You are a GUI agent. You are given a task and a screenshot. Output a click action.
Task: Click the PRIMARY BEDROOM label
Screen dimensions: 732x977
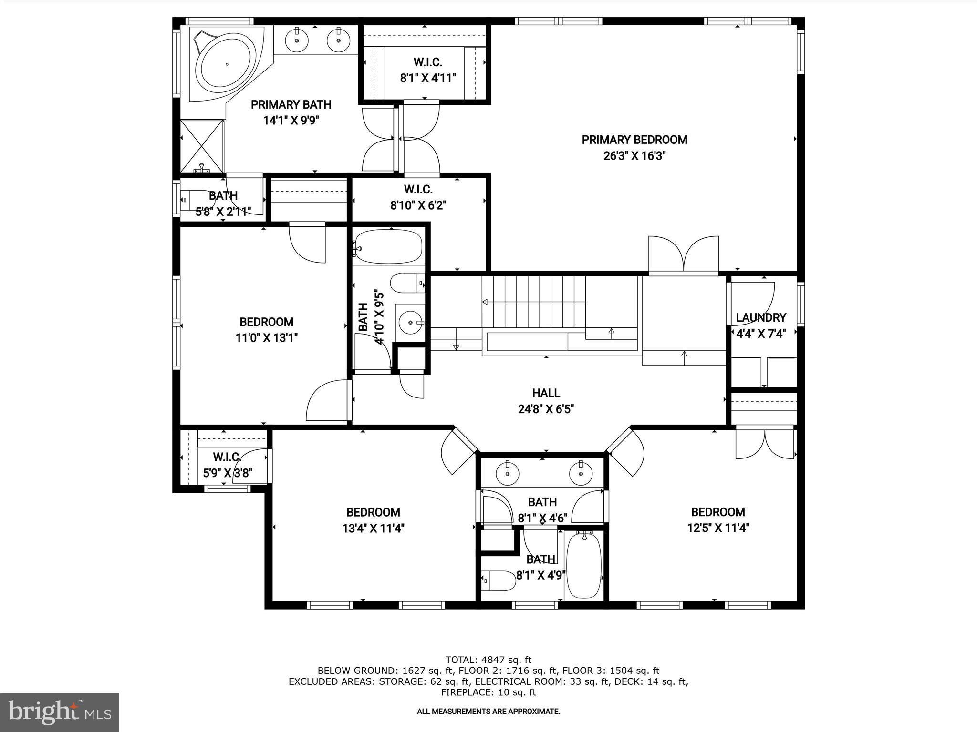click(x=634, y=140)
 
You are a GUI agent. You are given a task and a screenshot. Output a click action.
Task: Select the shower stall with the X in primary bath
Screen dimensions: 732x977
click(x=202, y=145)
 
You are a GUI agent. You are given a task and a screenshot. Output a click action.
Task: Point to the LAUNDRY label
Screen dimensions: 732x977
click(x=761, y=318)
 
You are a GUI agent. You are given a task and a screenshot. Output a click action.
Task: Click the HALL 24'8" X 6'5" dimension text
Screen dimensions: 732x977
click(x=546, y=409)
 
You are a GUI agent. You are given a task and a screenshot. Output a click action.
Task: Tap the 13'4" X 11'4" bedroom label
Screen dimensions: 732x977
click(x=373, y=528)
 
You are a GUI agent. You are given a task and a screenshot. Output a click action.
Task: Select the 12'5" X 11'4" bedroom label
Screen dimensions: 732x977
click(x=718, y=528)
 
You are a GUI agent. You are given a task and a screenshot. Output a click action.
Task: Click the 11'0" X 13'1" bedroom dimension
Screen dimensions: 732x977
click(x=267, y=338)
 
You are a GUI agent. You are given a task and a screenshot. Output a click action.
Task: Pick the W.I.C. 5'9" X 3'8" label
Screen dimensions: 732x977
click(x=227, y=465)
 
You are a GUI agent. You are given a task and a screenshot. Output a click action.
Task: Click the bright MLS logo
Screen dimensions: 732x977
click(x=60, y=712)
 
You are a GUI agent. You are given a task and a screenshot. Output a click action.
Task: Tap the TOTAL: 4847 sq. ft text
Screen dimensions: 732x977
click(x=488, y=660)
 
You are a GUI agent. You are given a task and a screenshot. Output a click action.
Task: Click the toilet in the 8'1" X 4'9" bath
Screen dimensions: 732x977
click(x=499, y=581)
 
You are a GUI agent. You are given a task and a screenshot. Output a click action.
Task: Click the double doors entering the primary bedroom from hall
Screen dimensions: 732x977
click(x=684, y=255)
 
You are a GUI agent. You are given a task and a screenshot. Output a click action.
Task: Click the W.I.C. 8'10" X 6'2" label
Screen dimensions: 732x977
click(x=418, y=197)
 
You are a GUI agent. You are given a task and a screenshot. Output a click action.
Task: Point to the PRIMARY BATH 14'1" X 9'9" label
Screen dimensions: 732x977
click(x=291, y=112)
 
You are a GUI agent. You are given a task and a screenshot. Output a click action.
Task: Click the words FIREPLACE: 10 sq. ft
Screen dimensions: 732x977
click(x=488, y=692)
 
